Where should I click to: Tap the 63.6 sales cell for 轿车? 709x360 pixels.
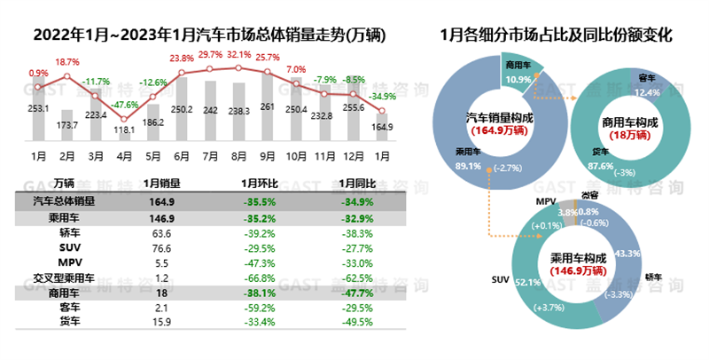click(x=161, y=232)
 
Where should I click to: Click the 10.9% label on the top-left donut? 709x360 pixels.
click(x=518, y=79)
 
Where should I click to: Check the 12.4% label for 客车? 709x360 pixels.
click(x=650, y=91)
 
